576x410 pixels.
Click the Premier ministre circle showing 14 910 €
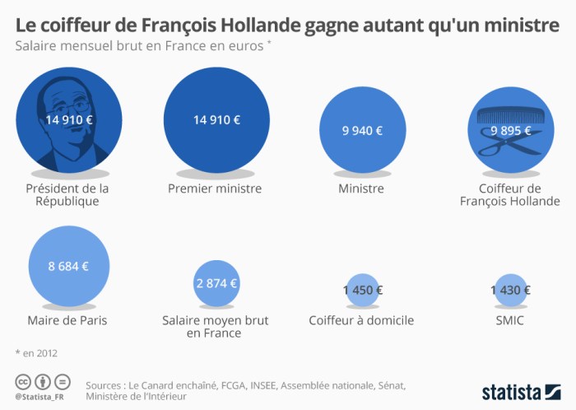pos(216,119)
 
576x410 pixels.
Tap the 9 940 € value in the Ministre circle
pos(362,130)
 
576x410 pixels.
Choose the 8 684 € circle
pos(68,266)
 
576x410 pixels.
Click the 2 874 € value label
pos(216,283)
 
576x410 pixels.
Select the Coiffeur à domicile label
pos(361,320)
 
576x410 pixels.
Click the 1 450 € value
pos(362,290)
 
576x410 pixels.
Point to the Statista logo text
pos(517,391)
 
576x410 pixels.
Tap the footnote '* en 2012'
pos(37,353)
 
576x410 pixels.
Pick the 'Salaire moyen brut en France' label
pos(215,327)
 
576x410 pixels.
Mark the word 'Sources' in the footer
pos(108,384)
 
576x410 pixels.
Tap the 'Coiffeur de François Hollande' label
pos(509,194)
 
